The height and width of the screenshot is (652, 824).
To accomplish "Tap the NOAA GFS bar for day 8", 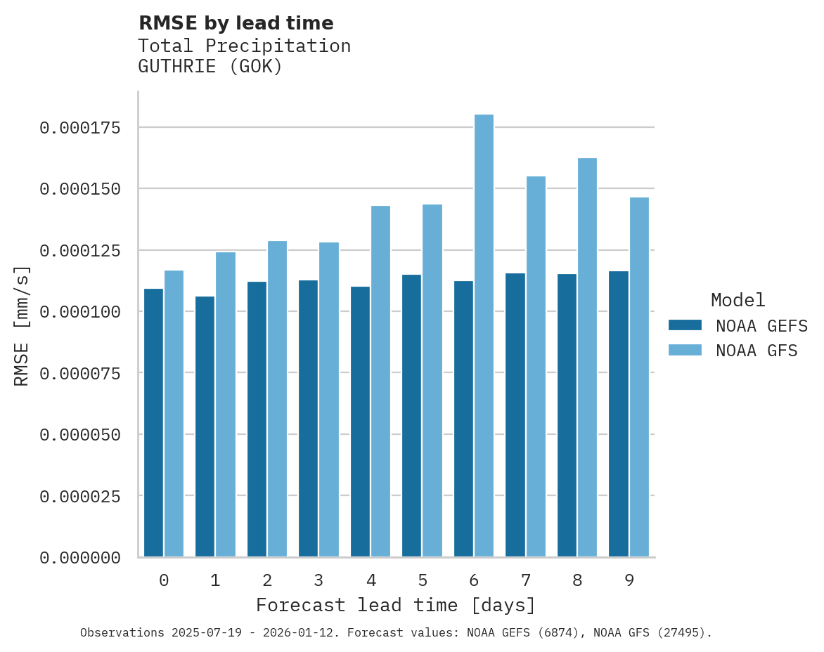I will click(587, 358).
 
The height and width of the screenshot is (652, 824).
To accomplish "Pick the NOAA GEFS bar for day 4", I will click(360, 422).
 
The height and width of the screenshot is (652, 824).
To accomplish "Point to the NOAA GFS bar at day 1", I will click(226, 405).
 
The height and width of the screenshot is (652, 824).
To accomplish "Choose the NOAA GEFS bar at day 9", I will click(619, 414).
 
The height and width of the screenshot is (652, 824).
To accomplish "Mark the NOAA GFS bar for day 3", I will click(329, 400).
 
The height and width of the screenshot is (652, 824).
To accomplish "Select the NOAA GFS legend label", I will click(757, 351).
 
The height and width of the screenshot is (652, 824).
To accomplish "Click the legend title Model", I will click(738, 300).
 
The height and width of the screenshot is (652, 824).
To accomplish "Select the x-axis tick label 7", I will click(525, 580).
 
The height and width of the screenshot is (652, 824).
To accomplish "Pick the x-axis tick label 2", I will click(267, 580).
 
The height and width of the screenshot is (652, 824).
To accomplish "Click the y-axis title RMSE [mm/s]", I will click(22, 325).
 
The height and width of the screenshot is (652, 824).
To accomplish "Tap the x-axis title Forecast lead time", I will click(395, 605).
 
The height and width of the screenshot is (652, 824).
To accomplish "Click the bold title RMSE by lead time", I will click(236, 23).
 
